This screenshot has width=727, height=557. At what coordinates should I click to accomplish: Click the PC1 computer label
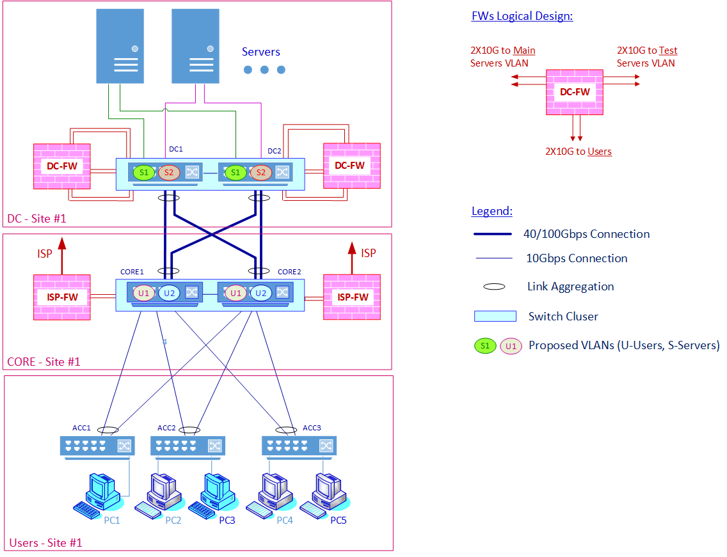coord(112,521)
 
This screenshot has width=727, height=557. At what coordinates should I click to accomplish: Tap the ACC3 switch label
coord(312,428)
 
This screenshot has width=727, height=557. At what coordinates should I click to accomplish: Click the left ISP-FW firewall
coord(62,297)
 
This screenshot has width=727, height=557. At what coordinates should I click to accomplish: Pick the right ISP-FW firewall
coord(352,297)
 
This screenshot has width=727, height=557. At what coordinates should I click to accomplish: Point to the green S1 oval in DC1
coord(144,173)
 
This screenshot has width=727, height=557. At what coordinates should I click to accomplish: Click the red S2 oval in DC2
coord(261,173)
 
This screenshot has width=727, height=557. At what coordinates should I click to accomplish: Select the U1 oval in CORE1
coord(144,293)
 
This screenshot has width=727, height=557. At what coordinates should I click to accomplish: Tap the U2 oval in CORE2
coord(261,293)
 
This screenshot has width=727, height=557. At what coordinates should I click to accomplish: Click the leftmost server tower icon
coord(120,46)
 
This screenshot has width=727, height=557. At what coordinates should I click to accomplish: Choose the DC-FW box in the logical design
coord(575,92)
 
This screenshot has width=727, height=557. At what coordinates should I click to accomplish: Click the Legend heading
coord(492,211)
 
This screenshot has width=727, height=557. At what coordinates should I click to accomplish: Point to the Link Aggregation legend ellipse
coord(494,287)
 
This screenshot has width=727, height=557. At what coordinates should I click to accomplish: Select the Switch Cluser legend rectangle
coord(495,316)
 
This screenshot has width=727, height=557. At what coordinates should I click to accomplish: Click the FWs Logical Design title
coord(522,16)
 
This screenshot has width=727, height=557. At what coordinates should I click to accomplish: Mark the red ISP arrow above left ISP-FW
coord(62,256)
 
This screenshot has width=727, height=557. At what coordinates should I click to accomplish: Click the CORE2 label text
coord(289,272)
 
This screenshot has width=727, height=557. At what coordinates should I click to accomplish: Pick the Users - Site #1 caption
coord(46,543)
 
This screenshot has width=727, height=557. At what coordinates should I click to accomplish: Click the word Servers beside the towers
coord(261,52)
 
